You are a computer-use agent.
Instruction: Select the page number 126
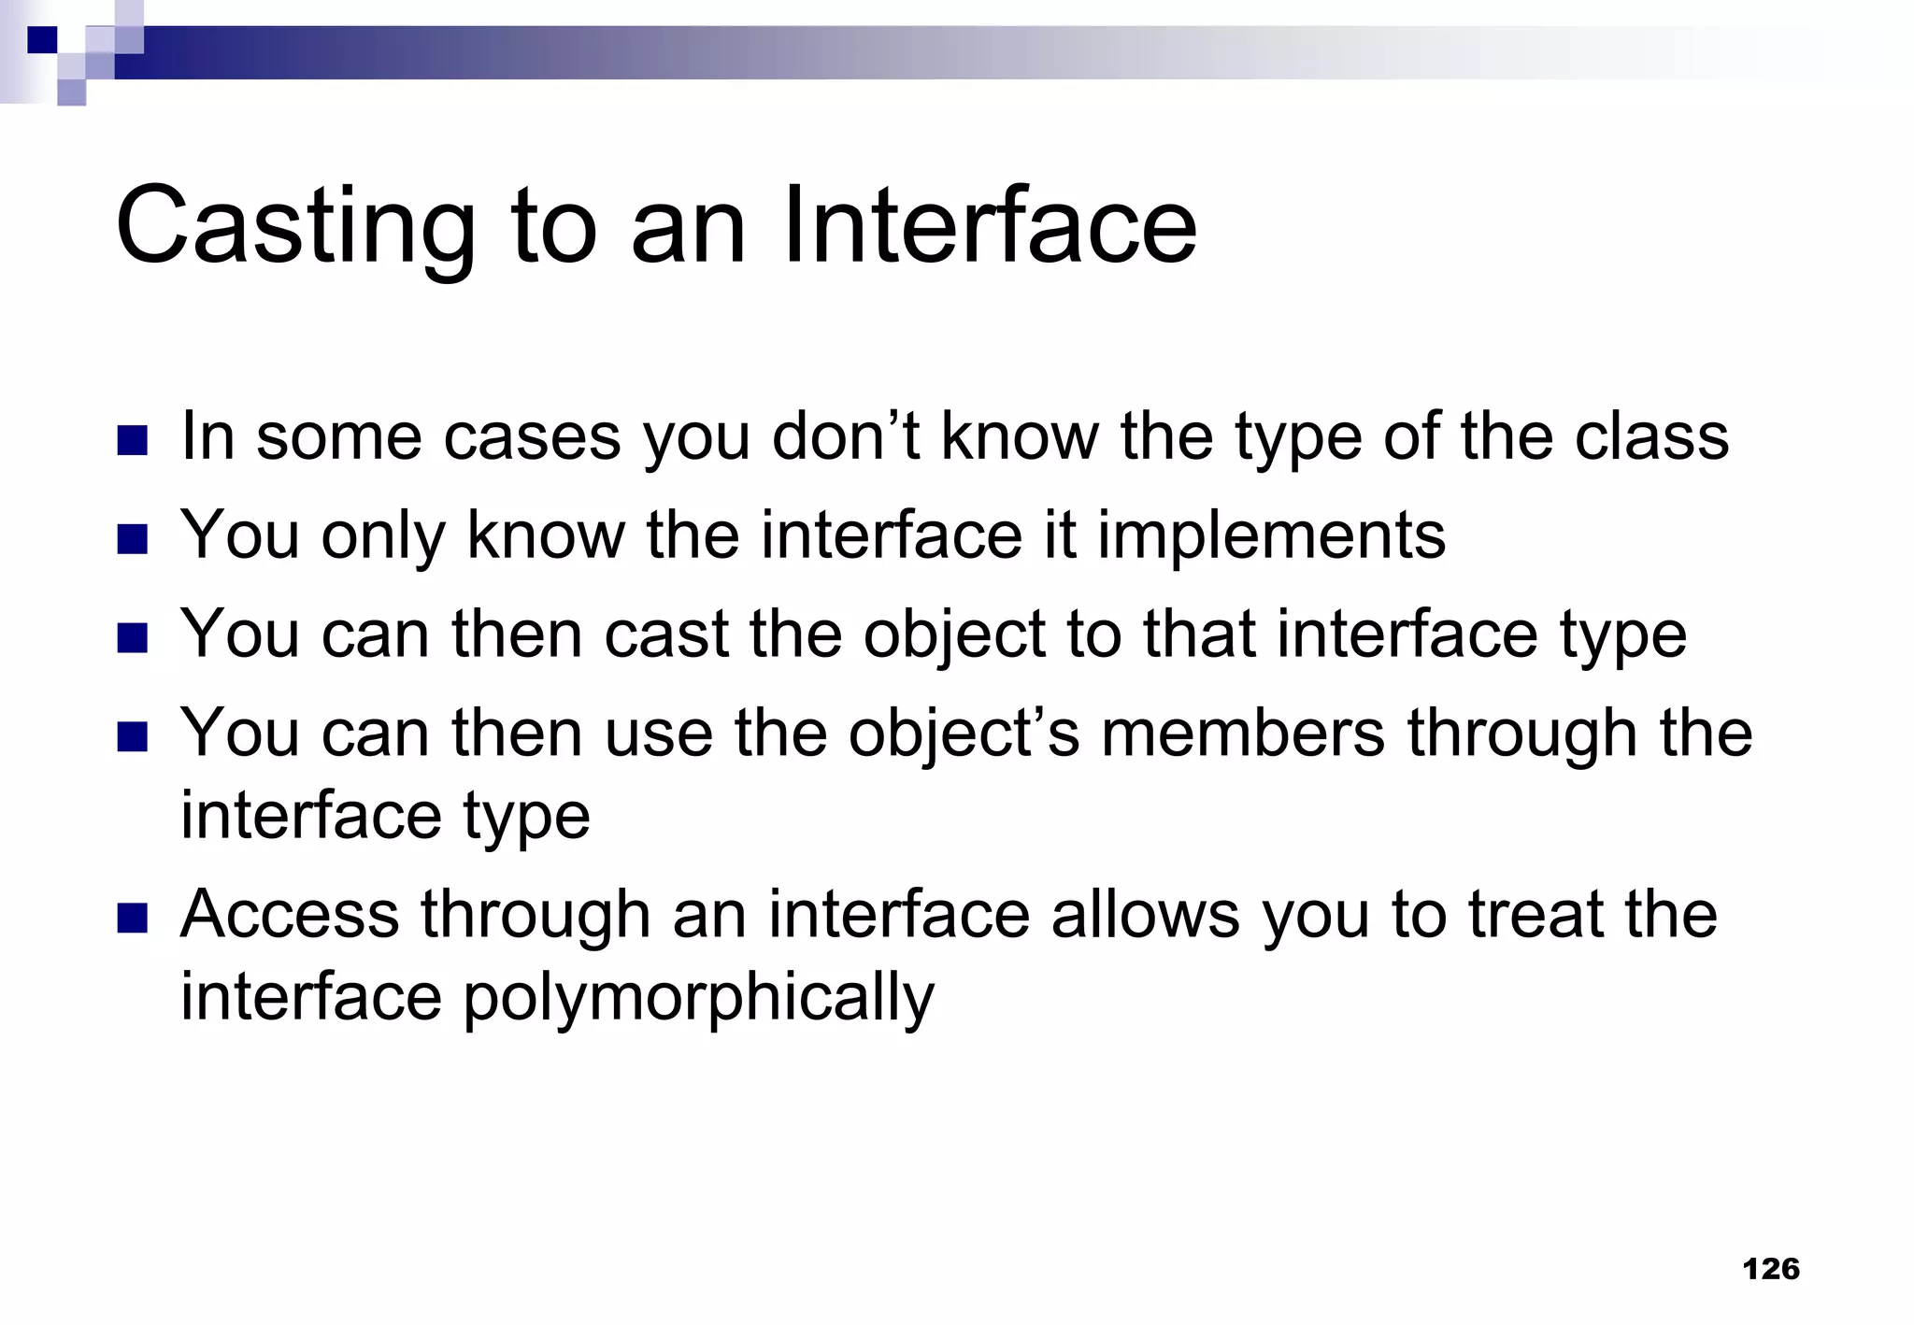(x=1771, y=1268)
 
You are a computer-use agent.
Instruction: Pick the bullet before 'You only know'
(x=133, y=539)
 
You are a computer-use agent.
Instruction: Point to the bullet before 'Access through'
(x=133, y=918)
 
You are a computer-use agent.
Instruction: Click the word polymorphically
(x=696, y=998)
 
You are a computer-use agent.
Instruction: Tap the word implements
(x=1271, y=536)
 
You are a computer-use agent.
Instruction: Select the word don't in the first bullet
(x=845, y=436)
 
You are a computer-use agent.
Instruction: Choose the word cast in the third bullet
(x=665, y=634)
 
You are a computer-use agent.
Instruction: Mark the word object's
(x=963, y=734)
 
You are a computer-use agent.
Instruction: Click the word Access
(x=290, y=915)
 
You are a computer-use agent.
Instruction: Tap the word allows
(x=1145, y=915)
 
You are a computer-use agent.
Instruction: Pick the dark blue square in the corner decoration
(x=42, y=40)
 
